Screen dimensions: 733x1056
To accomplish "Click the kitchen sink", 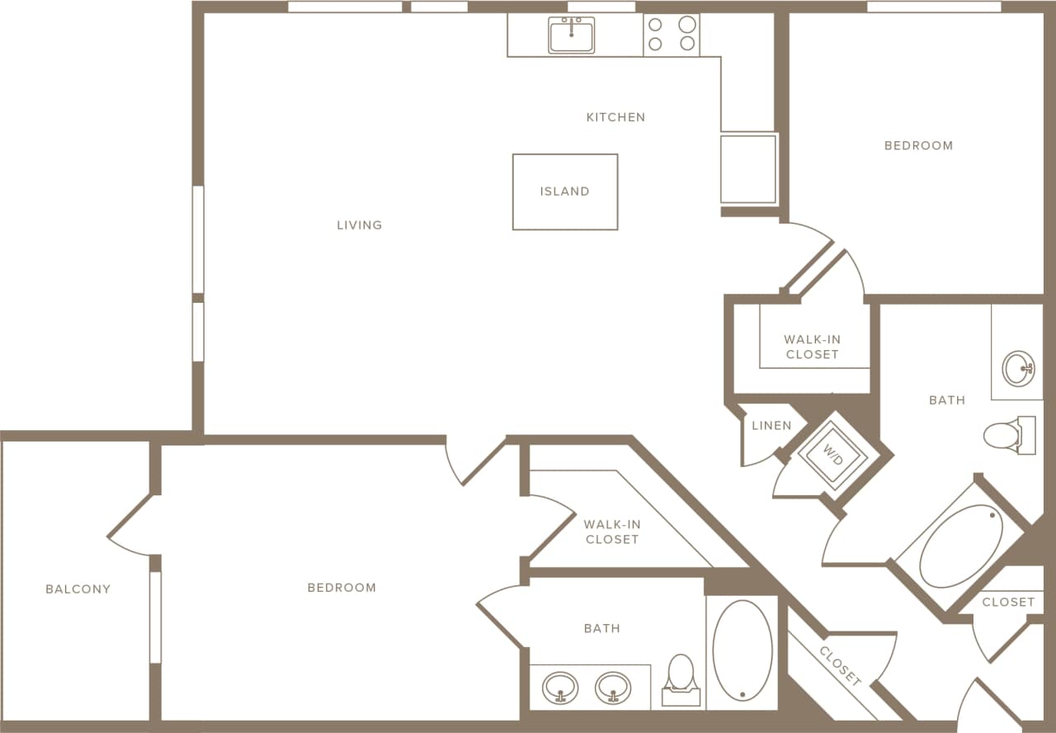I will point(571,35).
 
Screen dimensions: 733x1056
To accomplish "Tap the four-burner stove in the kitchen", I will point(671,35).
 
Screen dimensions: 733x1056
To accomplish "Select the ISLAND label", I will point(565,192).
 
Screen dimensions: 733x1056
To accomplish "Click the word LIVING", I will point(360,225).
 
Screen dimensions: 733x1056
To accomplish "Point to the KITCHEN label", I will point(615,117).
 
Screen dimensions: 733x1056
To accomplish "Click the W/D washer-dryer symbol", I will point(833,455).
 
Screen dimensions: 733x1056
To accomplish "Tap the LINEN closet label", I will point(771,426).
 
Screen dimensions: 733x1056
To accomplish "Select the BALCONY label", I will point(78,589).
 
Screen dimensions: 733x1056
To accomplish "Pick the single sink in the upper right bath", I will point(1018,368).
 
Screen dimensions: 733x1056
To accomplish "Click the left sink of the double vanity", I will point(560,687).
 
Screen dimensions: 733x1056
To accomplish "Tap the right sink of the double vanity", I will point(613,687).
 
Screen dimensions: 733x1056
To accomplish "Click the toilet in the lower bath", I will point(681,679).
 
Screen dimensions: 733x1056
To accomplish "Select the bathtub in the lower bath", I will point(742,650).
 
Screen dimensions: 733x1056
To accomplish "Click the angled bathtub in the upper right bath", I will point(960,546).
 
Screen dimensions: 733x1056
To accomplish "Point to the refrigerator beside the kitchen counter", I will point(748,168).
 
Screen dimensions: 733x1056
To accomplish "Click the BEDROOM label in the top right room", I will point(918,145).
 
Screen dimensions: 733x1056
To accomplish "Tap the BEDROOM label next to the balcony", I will point(342,588).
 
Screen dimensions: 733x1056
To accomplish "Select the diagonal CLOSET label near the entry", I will point(841,667).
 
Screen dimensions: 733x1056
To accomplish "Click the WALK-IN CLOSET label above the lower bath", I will point(611,532).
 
